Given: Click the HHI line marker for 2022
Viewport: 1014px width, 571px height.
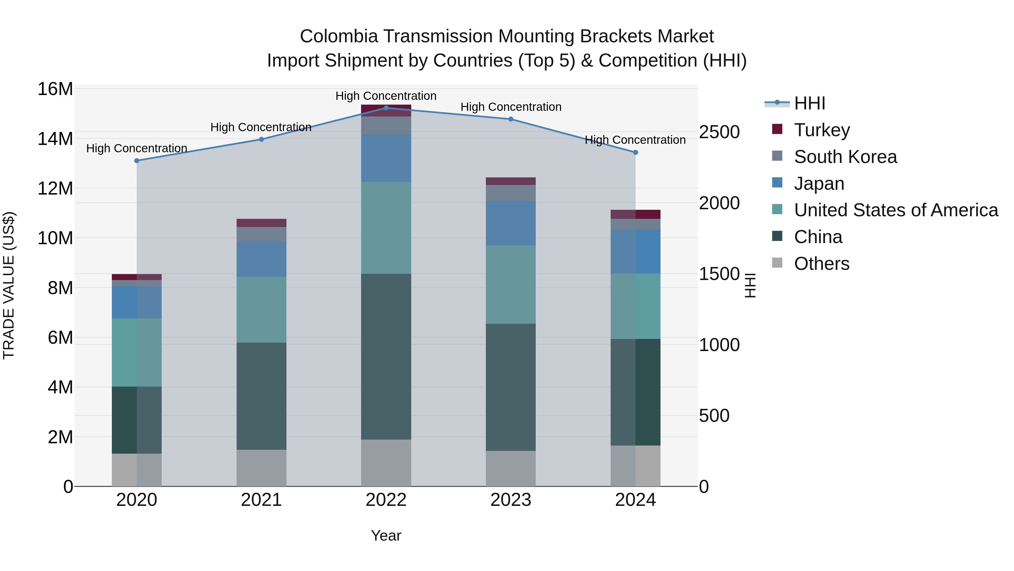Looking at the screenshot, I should [386, 108].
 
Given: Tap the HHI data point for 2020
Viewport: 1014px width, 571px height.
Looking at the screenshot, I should [137, 160].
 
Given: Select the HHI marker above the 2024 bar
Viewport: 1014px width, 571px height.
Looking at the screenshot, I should [635, 152].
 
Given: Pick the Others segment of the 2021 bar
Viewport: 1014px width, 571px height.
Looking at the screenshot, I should [261, 468].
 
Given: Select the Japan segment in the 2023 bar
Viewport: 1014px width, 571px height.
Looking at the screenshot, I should [511, 223].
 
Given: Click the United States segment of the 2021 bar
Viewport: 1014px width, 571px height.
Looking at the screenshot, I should [261, 309].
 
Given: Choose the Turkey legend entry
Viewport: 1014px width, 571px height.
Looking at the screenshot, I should [822, 130].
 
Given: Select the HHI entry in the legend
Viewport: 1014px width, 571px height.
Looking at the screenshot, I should [809, 103].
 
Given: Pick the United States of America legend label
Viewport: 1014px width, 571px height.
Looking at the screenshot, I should [896, 210].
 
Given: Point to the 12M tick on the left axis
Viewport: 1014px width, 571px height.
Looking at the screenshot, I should [55, 188].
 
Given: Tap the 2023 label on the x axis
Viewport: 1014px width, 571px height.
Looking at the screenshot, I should [511, 500].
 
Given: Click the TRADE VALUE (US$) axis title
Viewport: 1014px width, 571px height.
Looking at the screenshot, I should [9, 285].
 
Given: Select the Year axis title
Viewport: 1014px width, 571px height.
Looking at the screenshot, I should [386, 535].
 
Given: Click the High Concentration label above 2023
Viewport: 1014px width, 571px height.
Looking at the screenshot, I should [511, 107].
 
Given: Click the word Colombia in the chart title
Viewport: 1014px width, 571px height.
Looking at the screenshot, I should [339, 36].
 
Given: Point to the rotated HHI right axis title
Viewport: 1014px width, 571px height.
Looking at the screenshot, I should [750, 285].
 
